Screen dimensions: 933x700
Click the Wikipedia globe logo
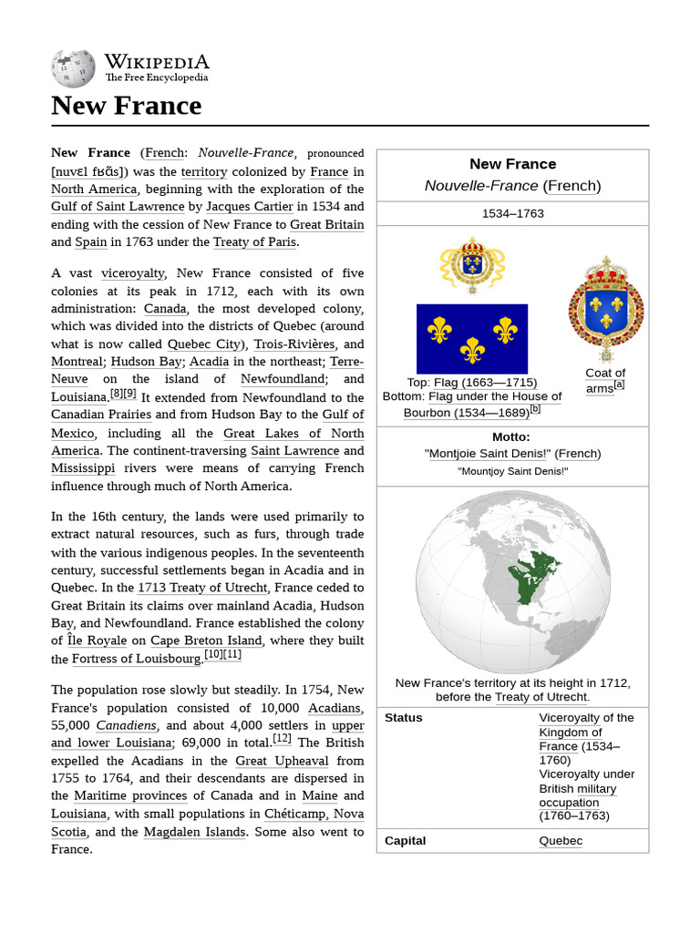[74, 67]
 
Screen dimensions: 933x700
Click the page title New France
[127, 106]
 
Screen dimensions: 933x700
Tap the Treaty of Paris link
[255, 242]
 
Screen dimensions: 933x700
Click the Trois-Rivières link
[294, 344]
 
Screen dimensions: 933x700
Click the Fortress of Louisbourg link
[136, 659]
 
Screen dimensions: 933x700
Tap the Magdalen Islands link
[195, 832]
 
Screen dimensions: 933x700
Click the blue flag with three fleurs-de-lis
[471, 338]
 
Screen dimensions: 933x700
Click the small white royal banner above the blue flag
[472, 264]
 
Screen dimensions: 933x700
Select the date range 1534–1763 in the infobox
[512, 213]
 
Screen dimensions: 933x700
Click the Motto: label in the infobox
[510, 437]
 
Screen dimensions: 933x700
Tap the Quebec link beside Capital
[560, 841]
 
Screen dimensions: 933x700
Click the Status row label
[404, 718]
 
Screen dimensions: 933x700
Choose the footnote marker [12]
[282, 739]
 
